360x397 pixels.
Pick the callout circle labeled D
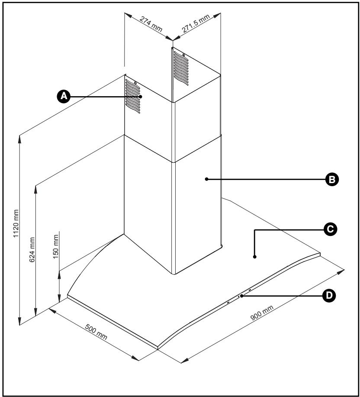pyautogui.click(x=329, y=295)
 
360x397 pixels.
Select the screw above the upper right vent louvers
pyautogui.click(x=184, y=55)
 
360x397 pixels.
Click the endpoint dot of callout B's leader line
pyautogui.click(x=206, y=178)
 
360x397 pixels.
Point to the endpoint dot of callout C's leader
pyautogui.click(x=254, y=257)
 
